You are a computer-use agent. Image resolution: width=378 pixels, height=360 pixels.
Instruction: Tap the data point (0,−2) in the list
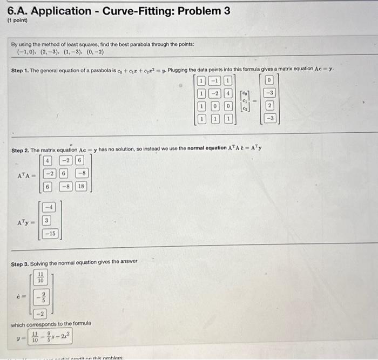coord(93,52)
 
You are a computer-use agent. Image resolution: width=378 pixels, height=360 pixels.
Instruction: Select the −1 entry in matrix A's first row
coord(214,81)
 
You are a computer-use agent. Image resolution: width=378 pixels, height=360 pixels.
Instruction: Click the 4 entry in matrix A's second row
coord(228,93)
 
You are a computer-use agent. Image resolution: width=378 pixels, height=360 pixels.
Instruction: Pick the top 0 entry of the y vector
coord(270,81)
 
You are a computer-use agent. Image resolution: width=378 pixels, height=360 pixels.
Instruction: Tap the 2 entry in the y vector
coord(270,106)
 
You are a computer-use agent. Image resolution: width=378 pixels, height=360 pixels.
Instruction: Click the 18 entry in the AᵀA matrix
coord(81,186)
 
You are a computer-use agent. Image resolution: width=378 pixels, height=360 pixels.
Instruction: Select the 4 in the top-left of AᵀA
coord(48,160)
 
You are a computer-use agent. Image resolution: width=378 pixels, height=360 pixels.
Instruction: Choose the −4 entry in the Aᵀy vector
coord(48,207)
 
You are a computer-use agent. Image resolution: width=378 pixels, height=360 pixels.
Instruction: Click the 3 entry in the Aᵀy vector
coord(47,220)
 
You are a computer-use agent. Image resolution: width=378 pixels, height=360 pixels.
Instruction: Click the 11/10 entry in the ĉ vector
coord(40,278)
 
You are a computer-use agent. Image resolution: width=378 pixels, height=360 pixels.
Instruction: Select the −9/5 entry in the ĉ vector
coord(40,297)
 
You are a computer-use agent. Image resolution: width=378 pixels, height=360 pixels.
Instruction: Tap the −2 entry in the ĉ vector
coord(40,313)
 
